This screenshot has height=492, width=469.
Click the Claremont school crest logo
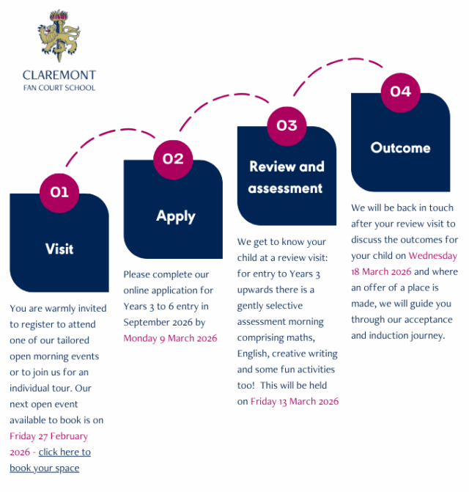[59, 35]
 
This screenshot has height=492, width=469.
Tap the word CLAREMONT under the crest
[59, 75]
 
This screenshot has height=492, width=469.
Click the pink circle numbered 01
[59, 192]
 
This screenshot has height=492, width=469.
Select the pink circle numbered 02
[173, 158]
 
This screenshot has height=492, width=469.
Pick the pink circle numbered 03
[287, 125]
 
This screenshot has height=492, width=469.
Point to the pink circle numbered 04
[400, 92]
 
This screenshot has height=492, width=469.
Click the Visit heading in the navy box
[59, 249]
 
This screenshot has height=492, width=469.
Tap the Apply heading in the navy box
[176, 216]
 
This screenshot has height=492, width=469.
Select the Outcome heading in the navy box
[400, 147]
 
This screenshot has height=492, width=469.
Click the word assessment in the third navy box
[285, 188]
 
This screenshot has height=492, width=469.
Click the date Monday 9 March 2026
[170, 338]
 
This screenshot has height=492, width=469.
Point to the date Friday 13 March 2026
[295, 401]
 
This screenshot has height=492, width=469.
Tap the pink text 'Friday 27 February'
[48, 436]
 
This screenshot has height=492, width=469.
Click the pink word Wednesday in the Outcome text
[432, 256]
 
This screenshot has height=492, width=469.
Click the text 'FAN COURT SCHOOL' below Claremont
[59, 88]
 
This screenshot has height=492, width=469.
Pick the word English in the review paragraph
[254, 353]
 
